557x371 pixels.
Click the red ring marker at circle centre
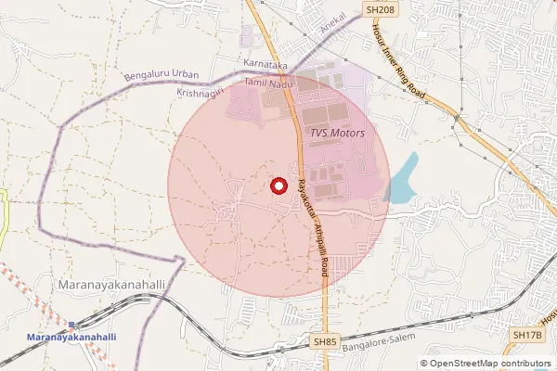click(278, 185)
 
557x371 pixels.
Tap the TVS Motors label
click(336, 134)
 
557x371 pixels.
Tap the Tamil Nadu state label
click(266, 83)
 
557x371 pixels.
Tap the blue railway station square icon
click(71, 325)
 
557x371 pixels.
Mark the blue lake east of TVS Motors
click(401, 180)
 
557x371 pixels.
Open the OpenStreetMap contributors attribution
click(490, 364)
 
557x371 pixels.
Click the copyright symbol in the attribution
click(424, 364)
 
